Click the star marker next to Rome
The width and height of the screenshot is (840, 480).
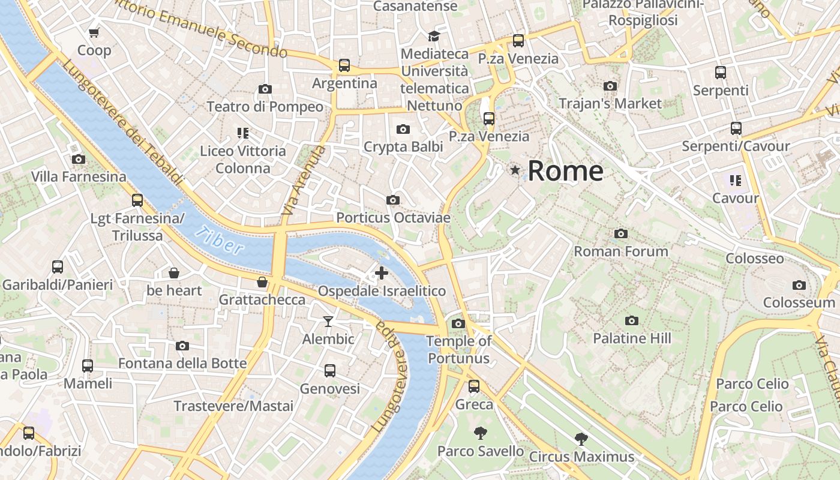(515, 170)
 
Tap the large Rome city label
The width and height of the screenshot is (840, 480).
(565, 171)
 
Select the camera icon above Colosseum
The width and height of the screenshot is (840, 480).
(799, 286)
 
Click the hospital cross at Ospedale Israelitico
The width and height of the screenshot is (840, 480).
(382, 274)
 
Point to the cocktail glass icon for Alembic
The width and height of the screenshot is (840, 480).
(328, 322)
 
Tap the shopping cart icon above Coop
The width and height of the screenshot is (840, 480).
(94, 33)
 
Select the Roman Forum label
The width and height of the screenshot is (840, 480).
(621, 251)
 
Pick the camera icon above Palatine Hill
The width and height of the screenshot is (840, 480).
(631, 321)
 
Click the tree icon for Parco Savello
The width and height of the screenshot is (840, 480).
(480, 433)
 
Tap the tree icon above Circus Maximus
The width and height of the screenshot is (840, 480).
(581, 439)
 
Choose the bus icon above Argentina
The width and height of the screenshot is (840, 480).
(344, 65)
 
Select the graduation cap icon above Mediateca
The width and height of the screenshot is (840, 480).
(434, 37)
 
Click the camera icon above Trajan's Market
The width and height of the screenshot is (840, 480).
(610, 86)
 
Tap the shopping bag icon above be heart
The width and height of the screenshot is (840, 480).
(174, 274)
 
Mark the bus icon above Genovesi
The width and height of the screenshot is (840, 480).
(330, 371)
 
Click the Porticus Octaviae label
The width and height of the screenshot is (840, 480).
(393, 218)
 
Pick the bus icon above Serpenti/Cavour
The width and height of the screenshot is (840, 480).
(736, 128)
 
